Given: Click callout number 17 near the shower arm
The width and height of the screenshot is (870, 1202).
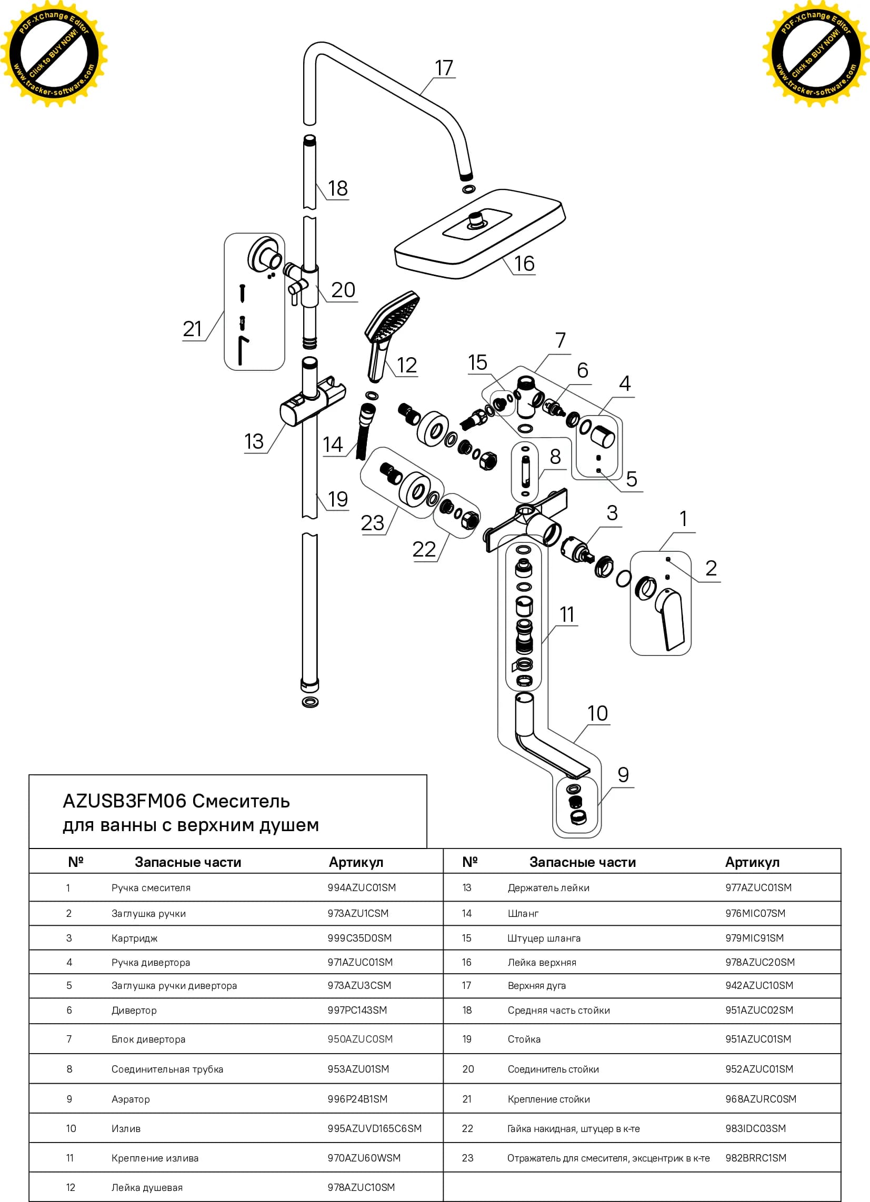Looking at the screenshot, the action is click(x=444, y=68).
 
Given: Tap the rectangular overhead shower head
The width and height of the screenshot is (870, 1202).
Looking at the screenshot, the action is click(x=480, y=234).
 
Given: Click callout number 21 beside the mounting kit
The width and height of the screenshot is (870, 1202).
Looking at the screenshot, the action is click(x=193, y=329).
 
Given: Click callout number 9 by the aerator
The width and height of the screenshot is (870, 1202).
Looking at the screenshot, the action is click(x=623, y=775).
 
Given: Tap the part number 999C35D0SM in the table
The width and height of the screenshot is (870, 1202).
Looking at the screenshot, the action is click(x=359, y=938).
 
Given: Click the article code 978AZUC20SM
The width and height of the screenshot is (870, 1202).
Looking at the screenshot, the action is click(x=759, y=963).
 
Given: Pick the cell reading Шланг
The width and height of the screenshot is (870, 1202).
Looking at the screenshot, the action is click(x=523, y=913).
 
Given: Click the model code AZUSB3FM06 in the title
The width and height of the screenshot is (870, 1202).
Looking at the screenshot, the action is click(x=125, y=801).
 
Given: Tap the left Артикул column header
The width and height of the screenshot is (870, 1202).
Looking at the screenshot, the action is click(x=356, y=862).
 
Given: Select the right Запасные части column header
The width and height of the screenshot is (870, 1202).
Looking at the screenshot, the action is click(x=583, y=862).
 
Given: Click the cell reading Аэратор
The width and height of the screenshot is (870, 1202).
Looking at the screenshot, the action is click(x=131, y=1099).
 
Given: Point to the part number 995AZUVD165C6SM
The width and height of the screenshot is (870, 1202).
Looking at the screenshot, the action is click(x=374, y=1128).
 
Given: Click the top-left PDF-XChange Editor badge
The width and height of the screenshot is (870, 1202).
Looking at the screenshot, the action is click(x=54, y=54).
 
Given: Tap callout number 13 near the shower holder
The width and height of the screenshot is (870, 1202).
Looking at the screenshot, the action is click(x=254, y=441).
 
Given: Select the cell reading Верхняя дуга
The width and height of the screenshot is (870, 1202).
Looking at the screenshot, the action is click(x=536, y=986).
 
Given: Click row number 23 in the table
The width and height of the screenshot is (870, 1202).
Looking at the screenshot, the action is click(x=467, y=1158).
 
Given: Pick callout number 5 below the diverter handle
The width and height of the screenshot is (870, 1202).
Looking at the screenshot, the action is click(x=632, y=479).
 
